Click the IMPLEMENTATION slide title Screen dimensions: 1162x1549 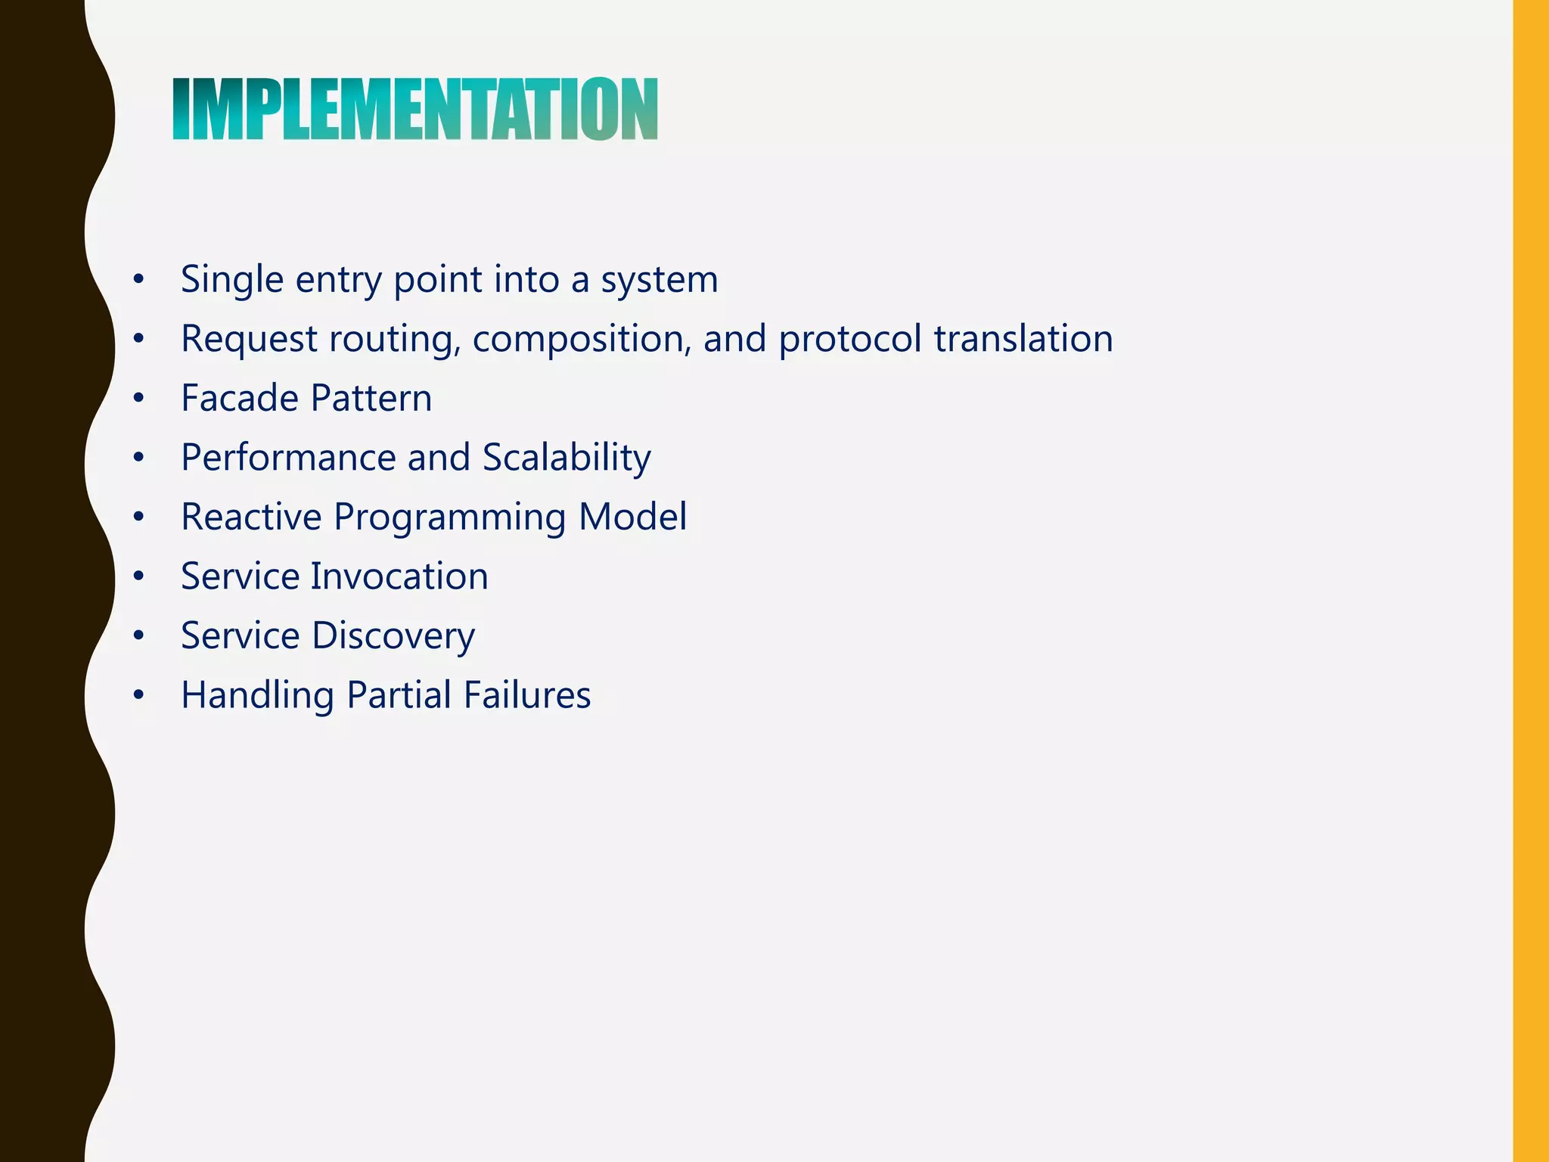(415, 110)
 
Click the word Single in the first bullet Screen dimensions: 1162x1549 (232, 280)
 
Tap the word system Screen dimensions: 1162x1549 (659, 280)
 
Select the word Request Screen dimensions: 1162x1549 (249, 339)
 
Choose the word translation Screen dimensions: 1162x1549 (1023, 339)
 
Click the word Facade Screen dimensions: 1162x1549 (241, 398)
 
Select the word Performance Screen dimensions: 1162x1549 (288, 458)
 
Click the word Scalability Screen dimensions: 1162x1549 (567, 458)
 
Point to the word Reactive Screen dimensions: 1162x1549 (251, 517)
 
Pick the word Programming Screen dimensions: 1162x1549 (449, 518)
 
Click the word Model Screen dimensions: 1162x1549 (632, 517)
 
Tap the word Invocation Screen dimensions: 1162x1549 (399, 576)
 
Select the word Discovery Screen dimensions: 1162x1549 (393, 635)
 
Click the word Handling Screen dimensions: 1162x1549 (257, 695)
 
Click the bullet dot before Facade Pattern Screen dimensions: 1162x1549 (138, 399)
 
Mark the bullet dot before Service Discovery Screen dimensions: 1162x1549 (138, 636)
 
